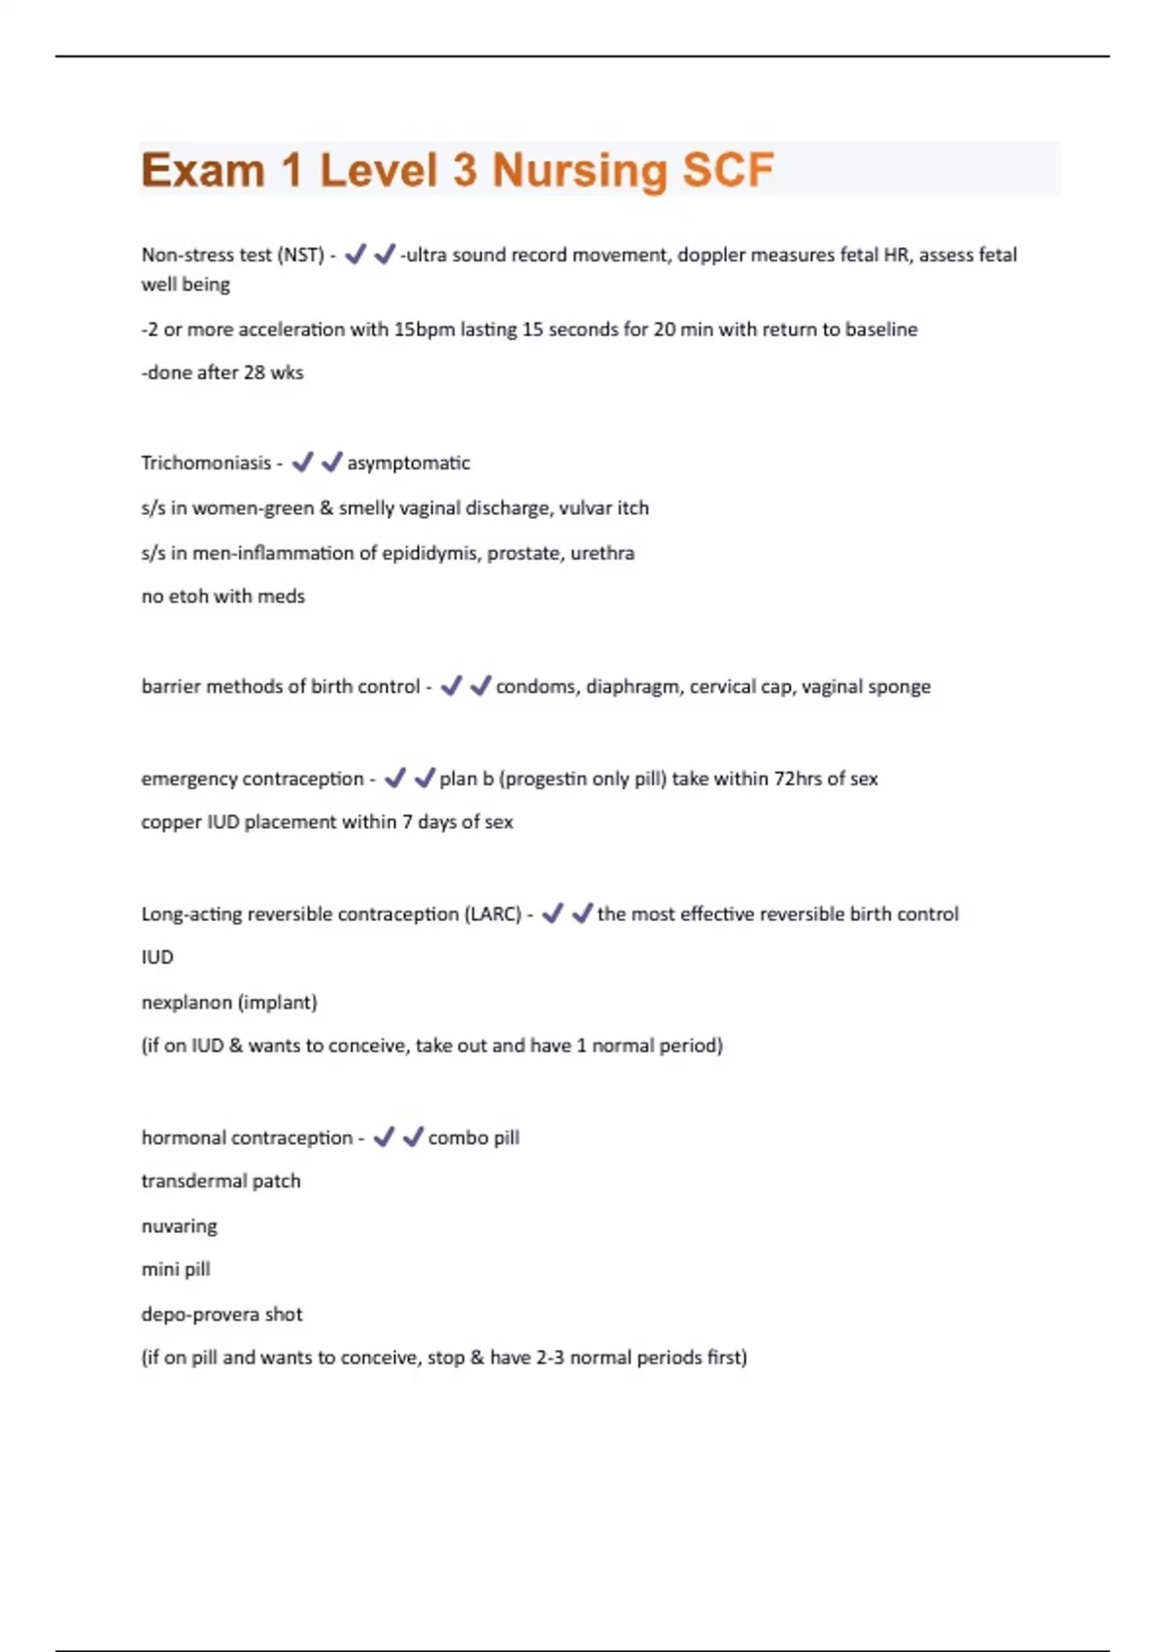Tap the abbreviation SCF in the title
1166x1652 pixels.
[x=728, y=170]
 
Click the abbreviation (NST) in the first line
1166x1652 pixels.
[x=300, y=255]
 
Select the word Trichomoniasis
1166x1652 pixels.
[x=206, y=463]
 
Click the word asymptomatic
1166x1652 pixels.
[x=408, y=463]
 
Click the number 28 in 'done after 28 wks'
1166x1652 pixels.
[x=254, y=372]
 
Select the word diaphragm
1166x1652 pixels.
[x=633, y=686]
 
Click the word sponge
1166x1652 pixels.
[x=899, y=686]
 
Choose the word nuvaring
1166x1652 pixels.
[x=179, y=1225]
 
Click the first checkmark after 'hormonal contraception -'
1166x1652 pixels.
[x=384, y=1136]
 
